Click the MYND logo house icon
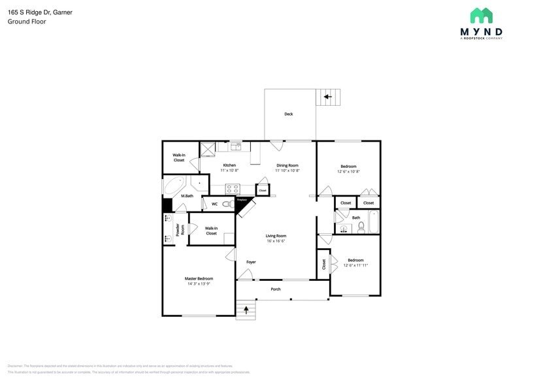point(481,16)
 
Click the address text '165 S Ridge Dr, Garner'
point(39,12)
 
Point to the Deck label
point(288,114)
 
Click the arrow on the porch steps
point(246,311)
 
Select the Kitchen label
point(229,165)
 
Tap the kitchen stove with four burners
point(233,189)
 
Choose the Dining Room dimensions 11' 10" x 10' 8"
point(288,171)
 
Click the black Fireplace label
point(242,200)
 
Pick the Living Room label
point(276,236)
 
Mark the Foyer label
point(251,262)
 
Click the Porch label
point(276,289)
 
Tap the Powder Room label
point(177,230)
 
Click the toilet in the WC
point(227,204)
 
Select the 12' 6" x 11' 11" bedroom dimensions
point(355,266)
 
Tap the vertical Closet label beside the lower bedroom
point(324,264)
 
